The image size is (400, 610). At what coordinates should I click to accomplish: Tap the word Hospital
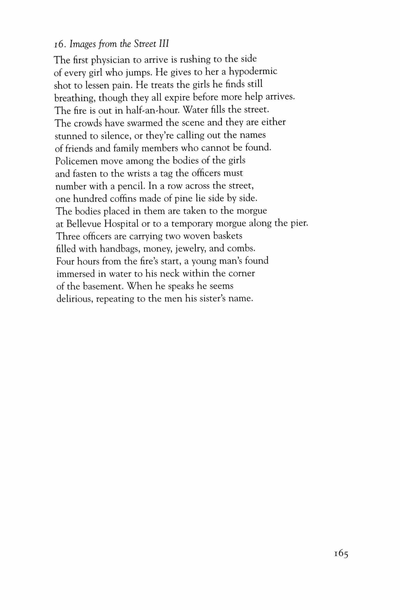pos(121,224)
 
